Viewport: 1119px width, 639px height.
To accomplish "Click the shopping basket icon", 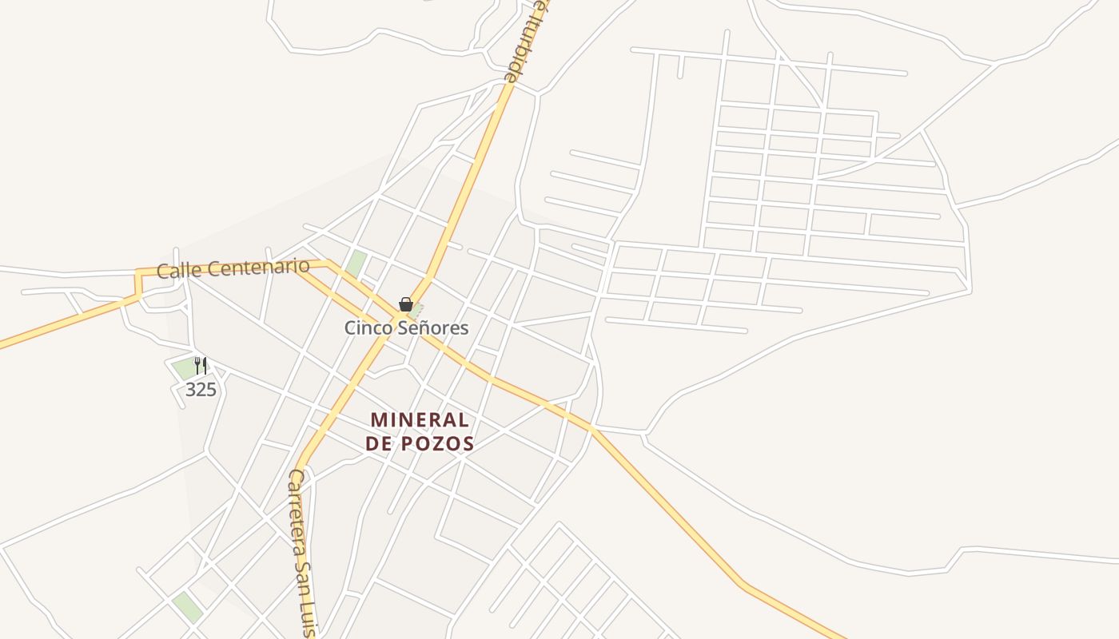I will point(406,304).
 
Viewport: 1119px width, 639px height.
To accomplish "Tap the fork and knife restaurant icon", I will point(201,366).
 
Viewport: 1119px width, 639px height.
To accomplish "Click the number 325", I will point(201,390).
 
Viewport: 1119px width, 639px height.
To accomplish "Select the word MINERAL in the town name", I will point(420,420).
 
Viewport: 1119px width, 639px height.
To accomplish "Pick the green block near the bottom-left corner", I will point(188,607).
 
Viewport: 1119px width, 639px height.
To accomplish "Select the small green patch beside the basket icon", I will point(417,308).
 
